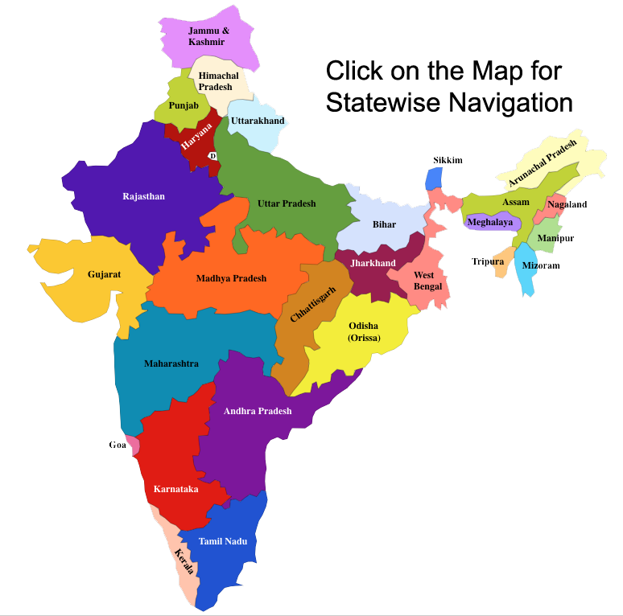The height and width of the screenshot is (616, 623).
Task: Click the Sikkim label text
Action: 448,160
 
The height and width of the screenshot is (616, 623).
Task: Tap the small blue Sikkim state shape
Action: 434,179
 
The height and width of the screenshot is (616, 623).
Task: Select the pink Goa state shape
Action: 133,445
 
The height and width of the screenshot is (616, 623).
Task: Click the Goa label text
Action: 118,445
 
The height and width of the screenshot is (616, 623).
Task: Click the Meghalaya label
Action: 490,222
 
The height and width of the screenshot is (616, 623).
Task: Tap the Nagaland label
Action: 567,204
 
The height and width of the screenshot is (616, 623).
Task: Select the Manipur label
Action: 555,239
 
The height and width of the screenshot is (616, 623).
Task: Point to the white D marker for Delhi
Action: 212,156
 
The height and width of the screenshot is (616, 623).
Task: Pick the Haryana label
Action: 196,137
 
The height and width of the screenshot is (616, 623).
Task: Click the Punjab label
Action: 184,105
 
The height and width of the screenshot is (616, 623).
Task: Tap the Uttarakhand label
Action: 258,121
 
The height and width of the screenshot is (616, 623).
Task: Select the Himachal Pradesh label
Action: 219,81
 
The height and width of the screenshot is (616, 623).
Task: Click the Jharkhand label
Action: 373,263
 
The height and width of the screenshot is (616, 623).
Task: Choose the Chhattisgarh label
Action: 313,304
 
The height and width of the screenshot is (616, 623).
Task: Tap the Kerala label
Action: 184,561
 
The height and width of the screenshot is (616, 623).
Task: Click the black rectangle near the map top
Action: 448,88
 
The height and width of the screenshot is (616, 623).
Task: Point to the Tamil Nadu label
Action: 223,541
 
